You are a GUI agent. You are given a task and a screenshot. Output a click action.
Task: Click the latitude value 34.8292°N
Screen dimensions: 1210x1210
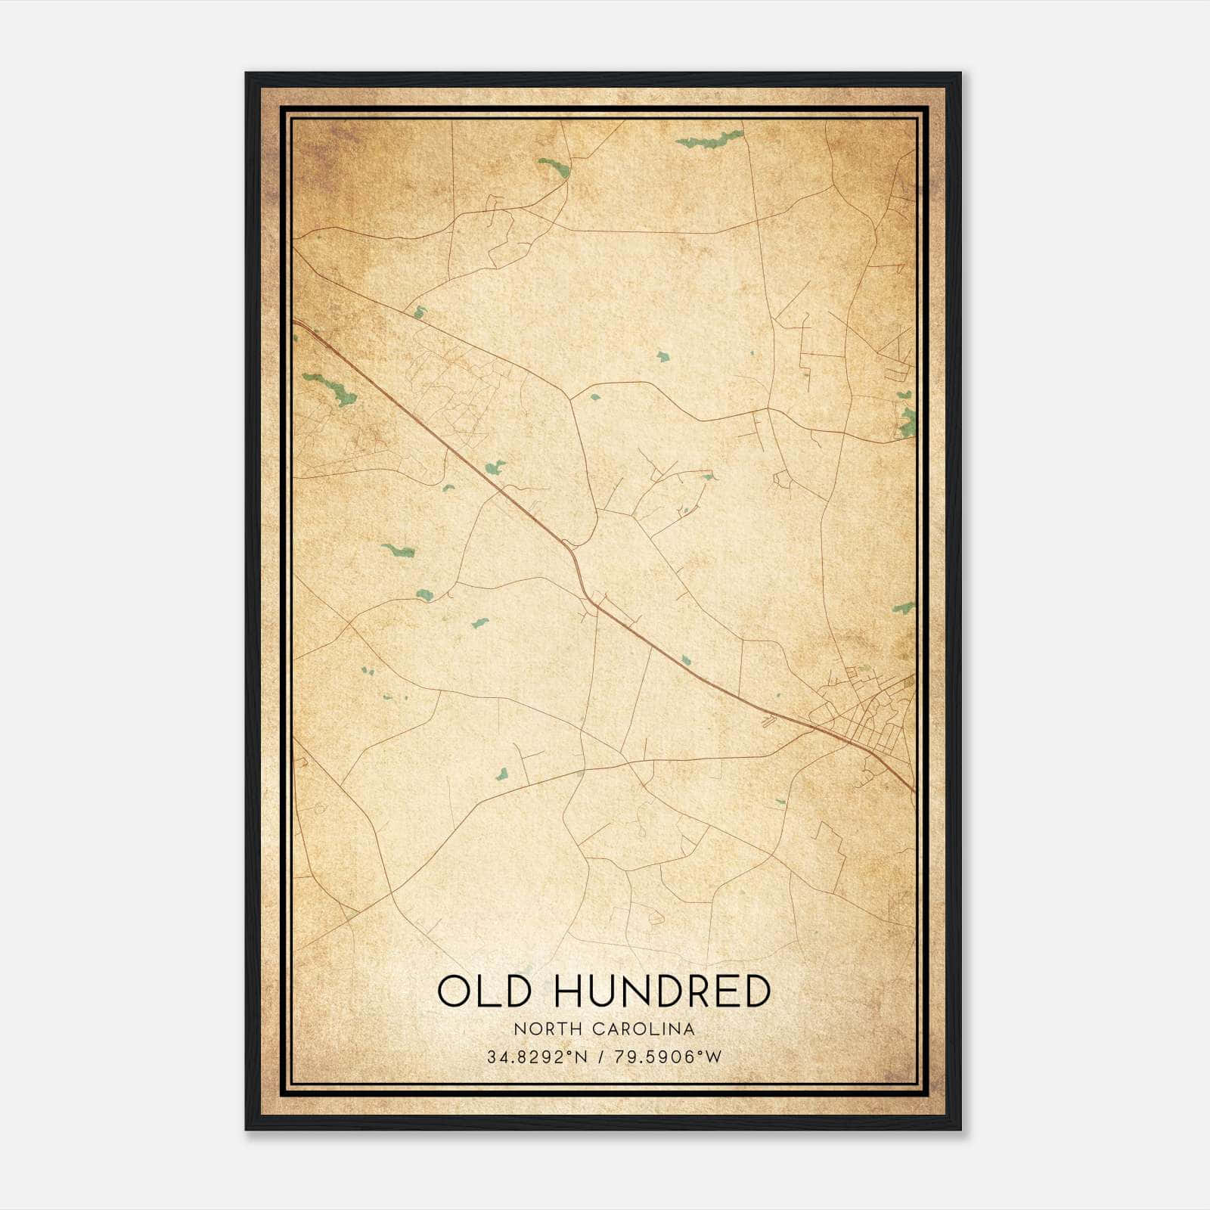point(537,1056)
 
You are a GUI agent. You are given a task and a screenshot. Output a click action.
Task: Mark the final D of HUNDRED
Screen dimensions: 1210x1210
point(756,991)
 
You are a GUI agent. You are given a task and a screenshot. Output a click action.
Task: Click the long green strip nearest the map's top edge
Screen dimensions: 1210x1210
point(709,139)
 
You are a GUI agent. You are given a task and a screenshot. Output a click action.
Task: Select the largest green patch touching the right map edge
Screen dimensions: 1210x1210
point(907,422)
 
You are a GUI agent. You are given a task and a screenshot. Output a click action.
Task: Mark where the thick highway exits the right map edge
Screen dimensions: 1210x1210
point(914,790)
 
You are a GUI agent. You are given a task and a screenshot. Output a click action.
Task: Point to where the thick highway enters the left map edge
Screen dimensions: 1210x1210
point(295,322)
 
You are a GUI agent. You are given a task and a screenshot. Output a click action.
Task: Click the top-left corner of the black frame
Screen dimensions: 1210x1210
point(247,74)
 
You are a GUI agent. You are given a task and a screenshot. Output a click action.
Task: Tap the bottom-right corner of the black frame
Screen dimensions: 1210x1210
point(960,1128)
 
